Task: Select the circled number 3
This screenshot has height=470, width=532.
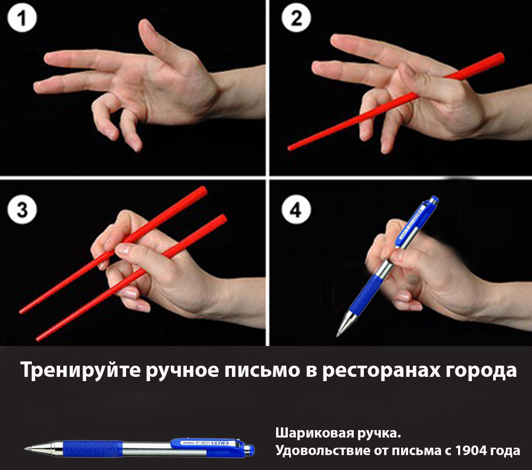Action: click(22, 209)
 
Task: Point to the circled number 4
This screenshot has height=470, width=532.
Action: click(296, 210)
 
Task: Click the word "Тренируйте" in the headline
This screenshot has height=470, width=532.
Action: click(80, 370)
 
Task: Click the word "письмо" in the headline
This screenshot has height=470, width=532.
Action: click(262, 370)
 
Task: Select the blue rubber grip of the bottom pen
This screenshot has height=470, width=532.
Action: click(93, 448)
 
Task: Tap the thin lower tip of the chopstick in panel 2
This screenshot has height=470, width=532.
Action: click(289, 149)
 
